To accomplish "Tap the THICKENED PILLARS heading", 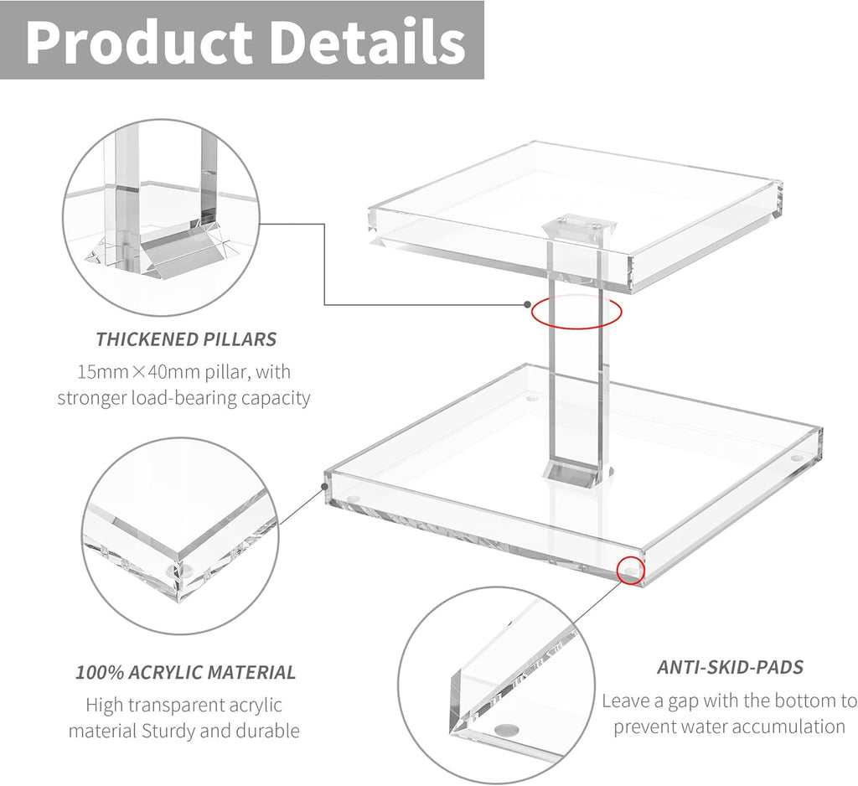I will (x=186, y=339).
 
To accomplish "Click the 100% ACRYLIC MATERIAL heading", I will (x=186, y=672).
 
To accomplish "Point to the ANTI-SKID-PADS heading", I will (x=730, y=667).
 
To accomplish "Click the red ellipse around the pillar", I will (x=576, y=312).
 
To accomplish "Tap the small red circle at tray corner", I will (x=630, y=571).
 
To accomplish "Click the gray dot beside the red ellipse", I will (x=527, y=304).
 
